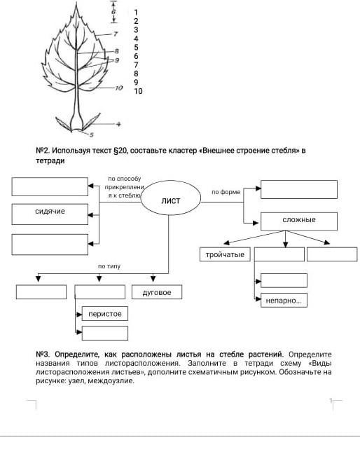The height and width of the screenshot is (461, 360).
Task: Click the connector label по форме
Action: point(226,192)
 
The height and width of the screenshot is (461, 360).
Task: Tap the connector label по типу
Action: point(109,266)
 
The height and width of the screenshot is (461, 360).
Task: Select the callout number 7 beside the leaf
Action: point(116,34)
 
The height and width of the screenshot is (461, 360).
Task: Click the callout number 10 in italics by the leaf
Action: point(119,88)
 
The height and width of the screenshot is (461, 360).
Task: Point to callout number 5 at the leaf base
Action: point(92,135)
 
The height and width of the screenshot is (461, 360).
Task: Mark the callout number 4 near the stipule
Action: point(118,124)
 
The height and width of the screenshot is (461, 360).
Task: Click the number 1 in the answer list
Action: point(136,13)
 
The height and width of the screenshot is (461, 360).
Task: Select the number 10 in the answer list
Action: point(139,91)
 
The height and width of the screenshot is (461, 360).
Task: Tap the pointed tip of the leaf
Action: point(76,3)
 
